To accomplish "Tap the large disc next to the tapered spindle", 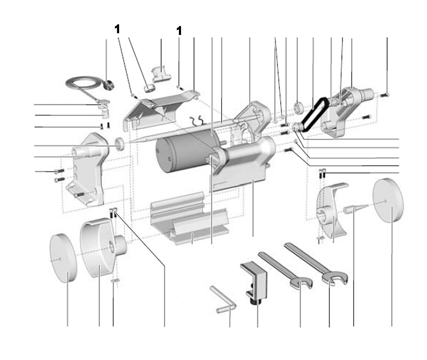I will pyautogui.click(x=388, y=200).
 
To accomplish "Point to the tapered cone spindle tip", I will pyautogui.click(x=354, y=209).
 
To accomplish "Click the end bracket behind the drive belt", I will pyautogui.click(x=346, y=111).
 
